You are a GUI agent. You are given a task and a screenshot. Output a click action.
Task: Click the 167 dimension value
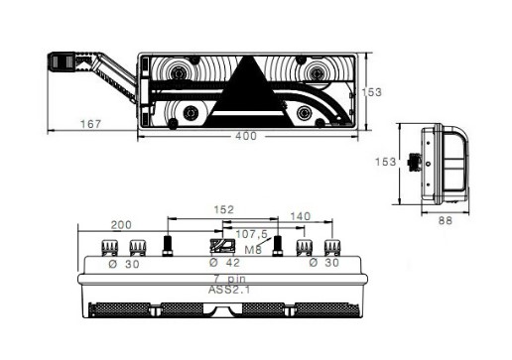[x=90, y=124]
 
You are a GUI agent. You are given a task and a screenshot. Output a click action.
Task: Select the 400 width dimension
[x=246, y=136]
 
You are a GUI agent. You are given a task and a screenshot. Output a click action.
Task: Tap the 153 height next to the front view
[x=372, y=92]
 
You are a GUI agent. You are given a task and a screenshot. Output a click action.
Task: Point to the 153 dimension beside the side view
[x=385, y=162]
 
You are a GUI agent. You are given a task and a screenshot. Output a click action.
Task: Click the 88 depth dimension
[x=446, y=220]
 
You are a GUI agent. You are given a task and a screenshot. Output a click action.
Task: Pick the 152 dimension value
[x=224, y=209]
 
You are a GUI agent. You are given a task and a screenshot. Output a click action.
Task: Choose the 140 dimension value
[x=301, y=216]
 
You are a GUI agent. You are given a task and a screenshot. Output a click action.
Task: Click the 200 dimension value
[x=121, y=225]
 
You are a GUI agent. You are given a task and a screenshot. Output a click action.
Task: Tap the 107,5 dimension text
[x=251, y=234]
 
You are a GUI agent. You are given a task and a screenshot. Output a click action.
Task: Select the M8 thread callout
[x=253, y=250]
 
